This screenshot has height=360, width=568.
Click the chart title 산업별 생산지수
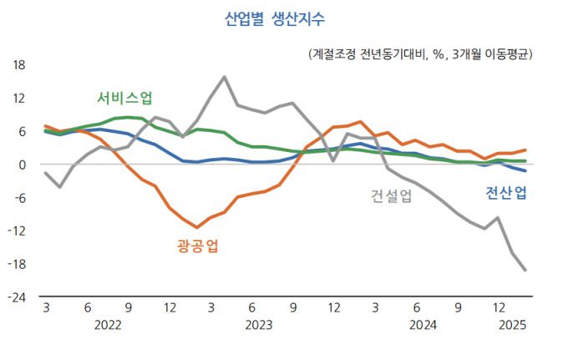click(275, 19)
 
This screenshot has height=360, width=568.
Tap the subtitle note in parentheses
click(420, 53)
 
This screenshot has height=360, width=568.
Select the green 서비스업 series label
click(125, 96)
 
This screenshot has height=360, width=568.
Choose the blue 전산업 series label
click(506, 194)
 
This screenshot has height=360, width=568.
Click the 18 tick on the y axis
click(19, 65)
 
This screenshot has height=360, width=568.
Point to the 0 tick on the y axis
click(23, 165)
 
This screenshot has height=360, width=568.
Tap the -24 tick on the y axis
click(17, 297)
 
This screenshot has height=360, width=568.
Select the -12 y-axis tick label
click(17, 231)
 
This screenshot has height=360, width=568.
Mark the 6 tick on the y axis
click(23, 131)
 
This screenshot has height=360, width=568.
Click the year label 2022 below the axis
click(108, 325)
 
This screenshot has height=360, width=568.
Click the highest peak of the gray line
click(224, 77)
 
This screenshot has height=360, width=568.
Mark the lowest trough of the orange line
click(197, 227)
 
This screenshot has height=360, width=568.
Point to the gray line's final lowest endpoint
click(525, 270)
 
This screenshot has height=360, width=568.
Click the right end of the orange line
click(525, 150)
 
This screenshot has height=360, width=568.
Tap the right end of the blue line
click(525, 170)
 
